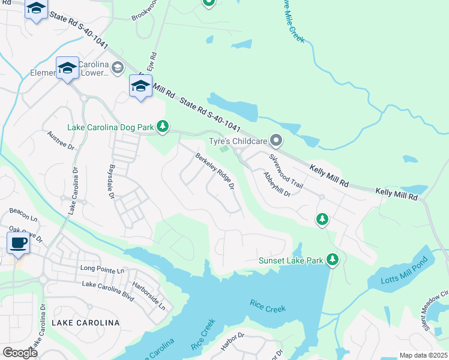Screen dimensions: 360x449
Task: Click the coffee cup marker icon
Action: [18, 243]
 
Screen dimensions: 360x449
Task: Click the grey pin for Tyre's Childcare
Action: [276, 141]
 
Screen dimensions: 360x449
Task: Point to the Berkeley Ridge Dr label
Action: [214, 172]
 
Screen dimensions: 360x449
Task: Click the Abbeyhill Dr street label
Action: [277, 185]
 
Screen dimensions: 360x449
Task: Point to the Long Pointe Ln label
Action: [101, 271]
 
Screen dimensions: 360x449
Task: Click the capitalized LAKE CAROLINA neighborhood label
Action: [85, 323]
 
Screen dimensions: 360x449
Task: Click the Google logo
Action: [20, 353]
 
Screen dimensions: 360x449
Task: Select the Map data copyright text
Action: [424, 355]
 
